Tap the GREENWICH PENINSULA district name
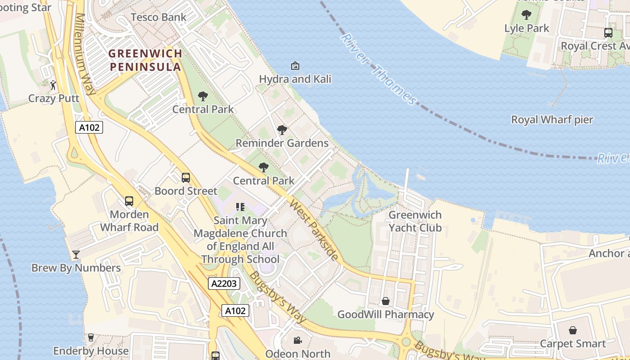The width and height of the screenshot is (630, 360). click(145, 60)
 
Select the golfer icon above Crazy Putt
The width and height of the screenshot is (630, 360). click(54, 85)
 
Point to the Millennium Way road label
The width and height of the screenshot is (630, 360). click(86, 54)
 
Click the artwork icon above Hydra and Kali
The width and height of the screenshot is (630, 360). click(295, 66)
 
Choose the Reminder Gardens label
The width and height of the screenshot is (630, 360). click(282, 143)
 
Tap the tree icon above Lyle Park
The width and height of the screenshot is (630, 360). click(526, 15)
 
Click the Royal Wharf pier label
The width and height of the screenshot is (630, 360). click(552, 120)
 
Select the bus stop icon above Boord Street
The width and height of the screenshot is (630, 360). click(185, 178)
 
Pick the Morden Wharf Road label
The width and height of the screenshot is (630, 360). click(129, 220)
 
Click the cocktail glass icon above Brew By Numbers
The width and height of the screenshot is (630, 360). click(76, 255)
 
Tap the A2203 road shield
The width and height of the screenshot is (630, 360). click(224, 283)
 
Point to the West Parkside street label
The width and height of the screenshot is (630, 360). click(314, 230)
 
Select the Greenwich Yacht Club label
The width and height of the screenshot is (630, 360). click(415, 221)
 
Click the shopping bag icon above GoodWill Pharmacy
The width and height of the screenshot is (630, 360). click(386, 301)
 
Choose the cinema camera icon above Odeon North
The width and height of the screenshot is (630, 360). click(297, 340)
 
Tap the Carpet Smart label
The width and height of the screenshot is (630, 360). click(572, 343)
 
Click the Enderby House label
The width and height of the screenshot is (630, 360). click(91, 351)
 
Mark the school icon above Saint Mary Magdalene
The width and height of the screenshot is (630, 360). click(240, 207)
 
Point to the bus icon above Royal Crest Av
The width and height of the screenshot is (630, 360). click(608, 33)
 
